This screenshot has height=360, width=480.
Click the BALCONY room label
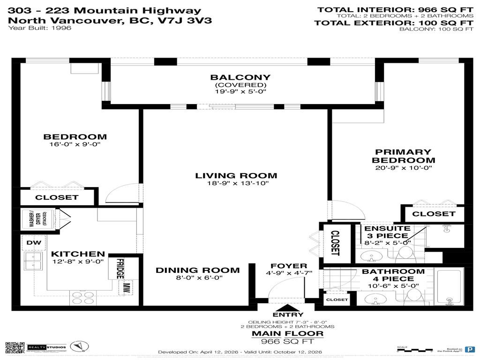pos(240,77)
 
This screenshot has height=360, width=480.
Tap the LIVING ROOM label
pos(236,176)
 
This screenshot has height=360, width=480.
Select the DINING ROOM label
pos(197,270)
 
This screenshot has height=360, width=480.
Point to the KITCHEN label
pos(78,254)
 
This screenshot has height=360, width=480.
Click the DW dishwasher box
pos(33,242)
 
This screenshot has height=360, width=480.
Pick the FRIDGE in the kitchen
pos(120,269)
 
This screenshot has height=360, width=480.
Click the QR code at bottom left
pos(15,348)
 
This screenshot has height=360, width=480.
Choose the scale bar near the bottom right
pos(414,350)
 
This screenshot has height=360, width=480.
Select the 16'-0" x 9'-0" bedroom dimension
pos(75,145)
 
